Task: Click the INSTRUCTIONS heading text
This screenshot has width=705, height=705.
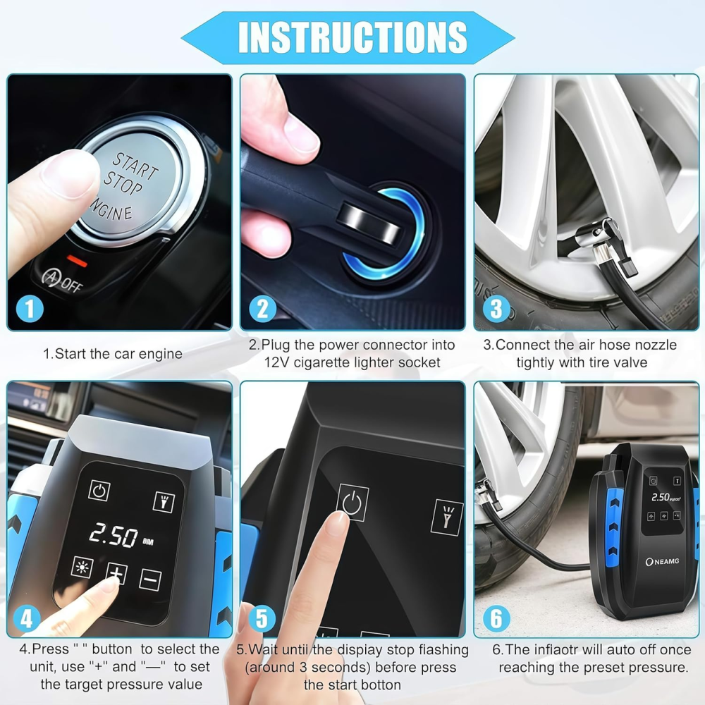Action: click(x=352, y=37)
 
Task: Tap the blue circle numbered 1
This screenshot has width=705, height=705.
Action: click(x=30, y=309)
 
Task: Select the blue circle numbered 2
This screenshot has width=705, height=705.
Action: click(x=263, y=309)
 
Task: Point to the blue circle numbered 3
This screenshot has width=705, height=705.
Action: click(x=496, y=309)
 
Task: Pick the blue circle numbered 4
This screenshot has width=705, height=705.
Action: click(x=27, y=618)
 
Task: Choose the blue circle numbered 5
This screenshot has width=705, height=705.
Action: click(x=262, y=618)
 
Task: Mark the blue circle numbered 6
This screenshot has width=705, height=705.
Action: click(x=496, y=618)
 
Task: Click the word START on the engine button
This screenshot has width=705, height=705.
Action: click(x=135, y=166)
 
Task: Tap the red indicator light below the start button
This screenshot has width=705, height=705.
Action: click(x=77, y=261)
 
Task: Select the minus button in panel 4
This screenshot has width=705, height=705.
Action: click(x=150, y=580)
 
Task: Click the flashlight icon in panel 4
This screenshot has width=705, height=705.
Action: click(x=164, y=501)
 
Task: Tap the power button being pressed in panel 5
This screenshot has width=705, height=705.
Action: click(x=352, y=502)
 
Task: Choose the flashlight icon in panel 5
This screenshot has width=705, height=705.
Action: click(x=447, y=517)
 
